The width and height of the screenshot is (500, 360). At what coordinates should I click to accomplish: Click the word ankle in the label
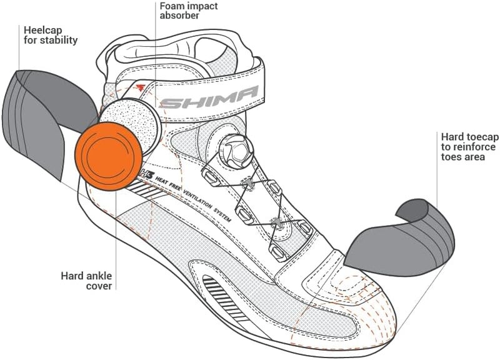point(99,275)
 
